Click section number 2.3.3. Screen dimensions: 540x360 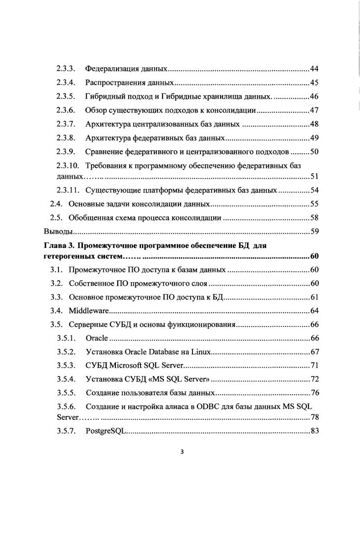pos(65,68)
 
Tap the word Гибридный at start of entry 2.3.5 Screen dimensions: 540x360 pos(105,96)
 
